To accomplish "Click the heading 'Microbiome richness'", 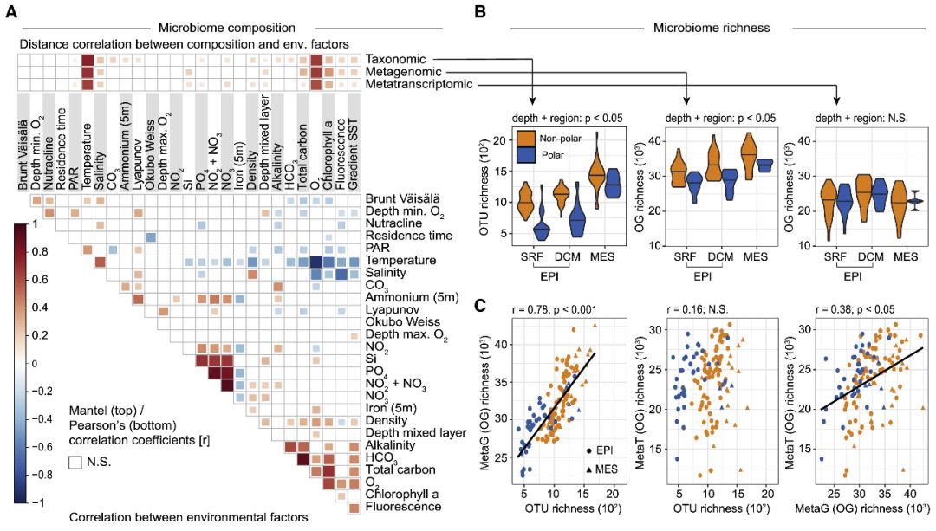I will click(x=712, y=28).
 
